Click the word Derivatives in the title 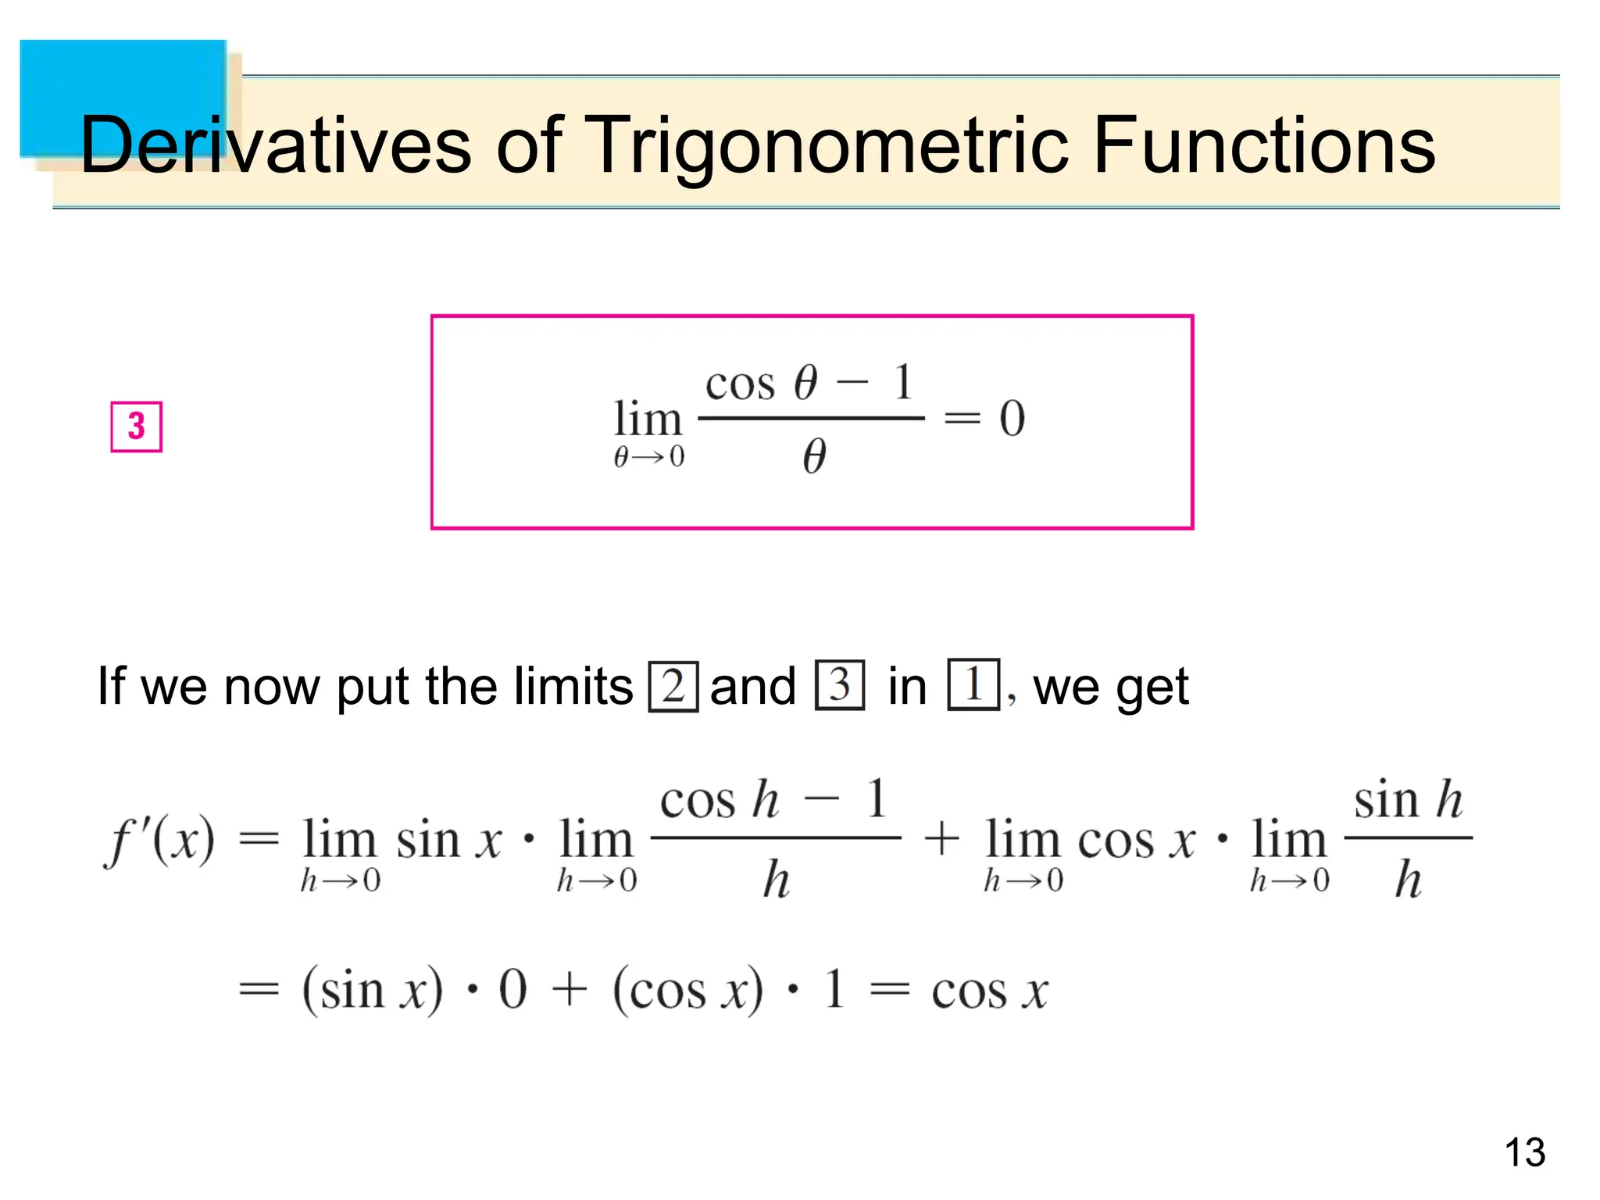coord(275,145)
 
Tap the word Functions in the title coord(1263,145)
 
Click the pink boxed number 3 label coord(137,427)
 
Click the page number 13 coord(1524,1152)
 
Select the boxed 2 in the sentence coord(673,686)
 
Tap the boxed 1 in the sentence coord(973,685)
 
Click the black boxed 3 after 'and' coord(840,685)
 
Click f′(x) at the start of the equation coord(159,841)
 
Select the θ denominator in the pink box coord(814,456)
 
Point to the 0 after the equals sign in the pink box coord(1012,418)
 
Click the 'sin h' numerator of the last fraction coord(1408,800)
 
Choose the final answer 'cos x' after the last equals coord(989,991)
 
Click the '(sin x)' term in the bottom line coord(372,991)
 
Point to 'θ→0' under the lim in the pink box coord(648,456)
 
